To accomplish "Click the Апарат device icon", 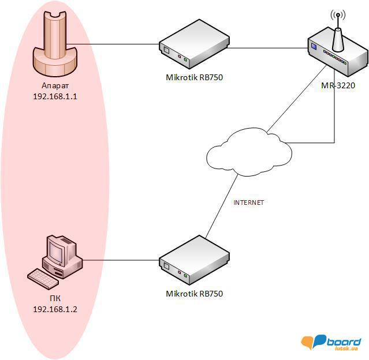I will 55,46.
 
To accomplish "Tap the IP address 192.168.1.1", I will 55,97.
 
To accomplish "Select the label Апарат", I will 55,87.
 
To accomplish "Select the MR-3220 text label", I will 338,86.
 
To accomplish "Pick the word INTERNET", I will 248,202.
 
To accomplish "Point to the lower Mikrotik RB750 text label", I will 194,294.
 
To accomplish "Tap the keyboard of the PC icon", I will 44,277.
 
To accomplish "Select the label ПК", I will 55,298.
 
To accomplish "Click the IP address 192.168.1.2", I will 55,309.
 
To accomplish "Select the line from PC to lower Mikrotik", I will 121,260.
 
